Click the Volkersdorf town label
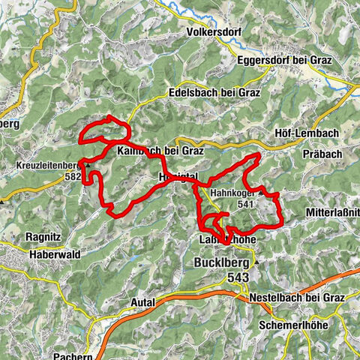pyautogui.click(x=219, y=32)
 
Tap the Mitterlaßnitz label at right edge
pyautogui.click(x=331, y=213)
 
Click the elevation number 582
pyautogui.click(x=72, y=177)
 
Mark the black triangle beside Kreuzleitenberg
pyautogui.click(x=88, y=165)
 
